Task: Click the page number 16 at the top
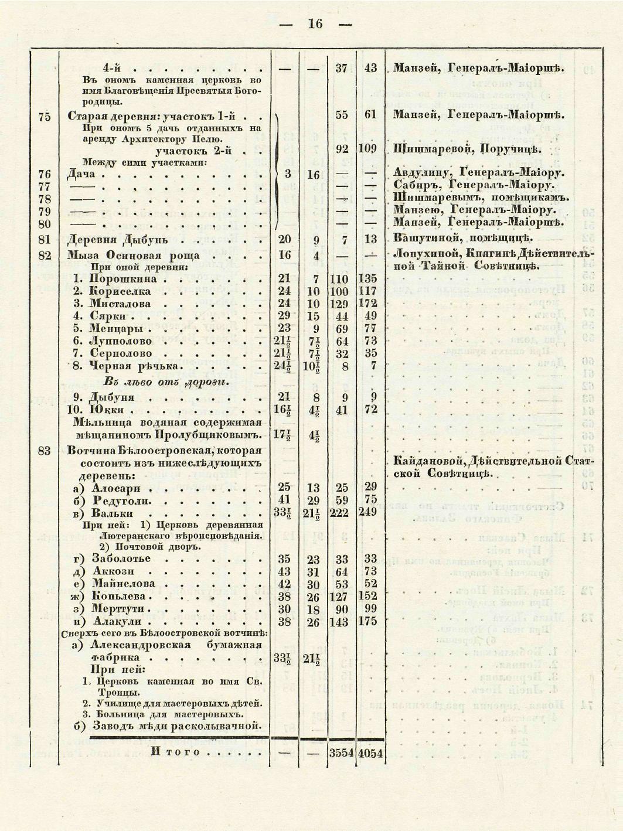click(x=315, y=24)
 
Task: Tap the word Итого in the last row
click(x=175, y=752)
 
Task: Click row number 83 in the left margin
click(x=44, y=451)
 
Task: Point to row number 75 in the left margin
click(x=44, y=116)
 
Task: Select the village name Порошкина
click(x=123, y=279)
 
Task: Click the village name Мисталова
click(x=120, y=304)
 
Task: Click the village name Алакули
click(x=120, y=621)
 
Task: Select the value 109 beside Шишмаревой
click(x=367, y=149)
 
